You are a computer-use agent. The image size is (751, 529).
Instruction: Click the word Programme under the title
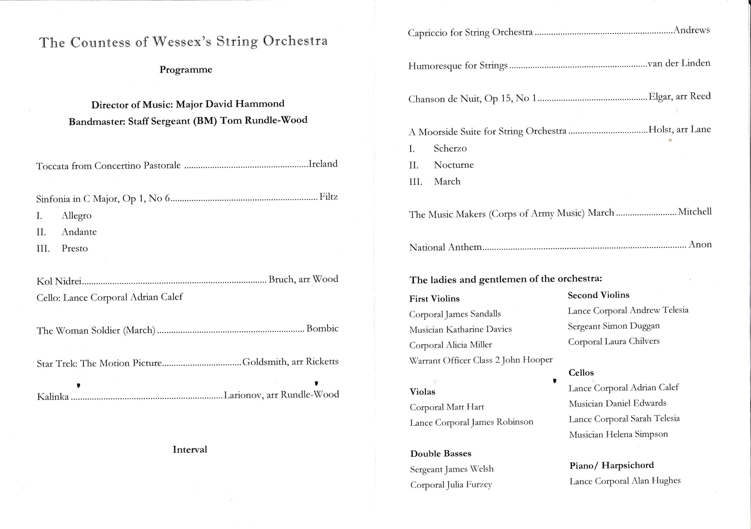(x=186, y=70)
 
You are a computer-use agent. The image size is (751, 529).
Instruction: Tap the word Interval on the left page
(x=190, y=449)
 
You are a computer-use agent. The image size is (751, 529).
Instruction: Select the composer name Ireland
(x=323, y=164)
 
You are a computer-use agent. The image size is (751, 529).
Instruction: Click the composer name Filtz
(x=328, y=197)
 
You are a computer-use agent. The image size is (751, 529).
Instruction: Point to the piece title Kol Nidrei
(x=59, y=281)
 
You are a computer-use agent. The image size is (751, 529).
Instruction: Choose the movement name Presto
(x=75, y=249)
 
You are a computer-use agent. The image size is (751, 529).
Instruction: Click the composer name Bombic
(x=322, y=329)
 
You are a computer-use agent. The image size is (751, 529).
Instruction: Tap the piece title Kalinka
(x=53, y=397)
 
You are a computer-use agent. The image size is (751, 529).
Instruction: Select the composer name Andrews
(x=691, y=30)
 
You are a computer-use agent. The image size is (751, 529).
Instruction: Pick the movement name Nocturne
(x=453, y=165)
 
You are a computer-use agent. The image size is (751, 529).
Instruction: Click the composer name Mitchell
(x=694, y=211)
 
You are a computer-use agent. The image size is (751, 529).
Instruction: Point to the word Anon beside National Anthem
(x=700, y=245)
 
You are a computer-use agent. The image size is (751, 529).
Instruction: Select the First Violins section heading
(x=434, y=299)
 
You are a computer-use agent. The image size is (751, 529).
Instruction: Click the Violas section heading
(x=422, y=392)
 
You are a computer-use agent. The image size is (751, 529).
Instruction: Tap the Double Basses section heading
(x=441, y=454)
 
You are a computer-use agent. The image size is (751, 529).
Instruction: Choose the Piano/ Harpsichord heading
(x=611, y=465)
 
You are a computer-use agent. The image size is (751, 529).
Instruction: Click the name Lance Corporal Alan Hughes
(x=625, y=481)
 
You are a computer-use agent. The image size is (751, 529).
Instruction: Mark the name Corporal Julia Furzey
(x=451, y=485)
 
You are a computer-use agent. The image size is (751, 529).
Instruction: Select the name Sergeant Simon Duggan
(x=614, y=326)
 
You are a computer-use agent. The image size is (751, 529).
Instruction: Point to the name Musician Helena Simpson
(x=618, y=434)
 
